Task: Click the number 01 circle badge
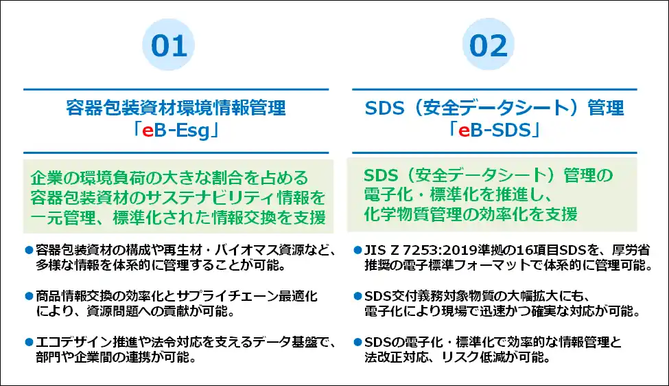169,45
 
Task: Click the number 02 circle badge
488,45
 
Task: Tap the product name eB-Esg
176,130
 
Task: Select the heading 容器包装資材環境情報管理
176,108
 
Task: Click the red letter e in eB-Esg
148,131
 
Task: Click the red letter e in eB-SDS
464,130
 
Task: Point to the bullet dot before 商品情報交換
29,295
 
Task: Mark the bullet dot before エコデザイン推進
29,341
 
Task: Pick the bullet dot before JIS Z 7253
357,250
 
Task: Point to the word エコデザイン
74,342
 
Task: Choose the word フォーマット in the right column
504,265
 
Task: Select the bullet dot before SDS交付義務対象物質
357,295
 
